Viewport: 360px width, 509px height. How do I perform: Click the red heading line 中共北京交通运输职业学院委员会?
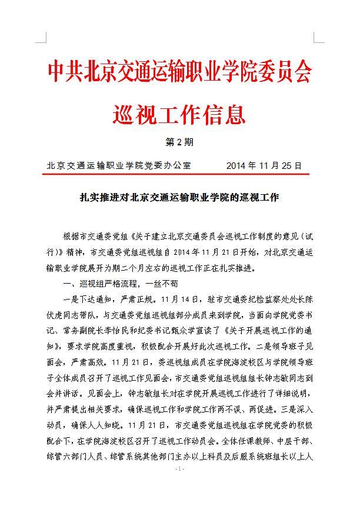[179, 71]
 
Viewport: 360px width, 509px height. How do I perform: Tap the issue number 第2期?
[179, 142]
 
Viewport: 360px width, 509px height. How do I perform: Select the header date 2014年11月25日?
[264, 165]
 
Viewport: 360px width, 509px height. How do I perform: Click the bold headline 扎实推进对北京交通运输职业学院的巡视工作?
[179, 198]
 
